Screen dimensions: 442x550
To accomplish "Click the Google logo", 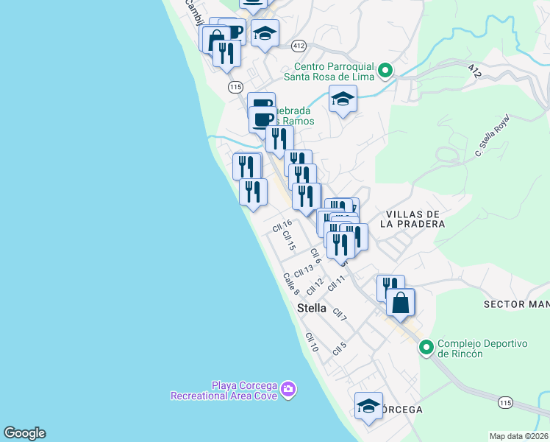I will click(x=24, y=433).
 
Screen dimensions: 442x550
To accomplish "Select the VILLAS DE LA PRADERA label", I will click(x=414, y=219).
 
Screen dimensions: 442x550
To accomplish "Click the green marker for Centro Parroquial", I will click(x=385, y=72).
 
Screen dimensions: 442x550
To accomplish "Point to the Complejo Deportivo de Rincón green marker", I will click(x=426, y=348).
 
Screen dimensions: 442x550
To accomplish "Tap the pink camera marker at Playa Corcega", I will click(x=288, y=389).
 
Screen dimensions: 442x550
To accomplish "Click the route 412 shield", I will click(x=298, y=45).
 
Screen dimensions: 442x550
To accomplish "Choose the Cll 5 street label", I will click(x=339, y=347).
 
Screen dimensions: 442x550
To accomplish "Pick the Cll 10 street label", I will click(x=311, y=341).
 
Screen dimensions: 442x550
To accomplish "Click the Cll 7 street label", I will click(x=339, y=315).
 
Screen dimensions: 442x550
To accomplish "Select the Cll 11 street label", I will click(x=337, y=281).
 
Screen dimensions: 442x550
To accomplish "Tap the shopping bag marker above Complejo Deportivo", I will click(x=400, y=303).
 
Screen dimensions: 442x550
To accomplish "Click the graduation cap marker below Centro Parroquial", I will click(x=343, y=99).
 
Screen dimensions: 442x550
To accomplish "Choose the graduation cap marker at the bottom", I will click(x=368, y=406).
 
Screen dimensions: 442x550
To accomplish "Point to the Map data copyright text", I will click(x=519, y=436).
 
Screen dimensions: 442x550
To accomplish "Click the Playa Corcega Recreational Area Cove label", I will click(x=224, y=390).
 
